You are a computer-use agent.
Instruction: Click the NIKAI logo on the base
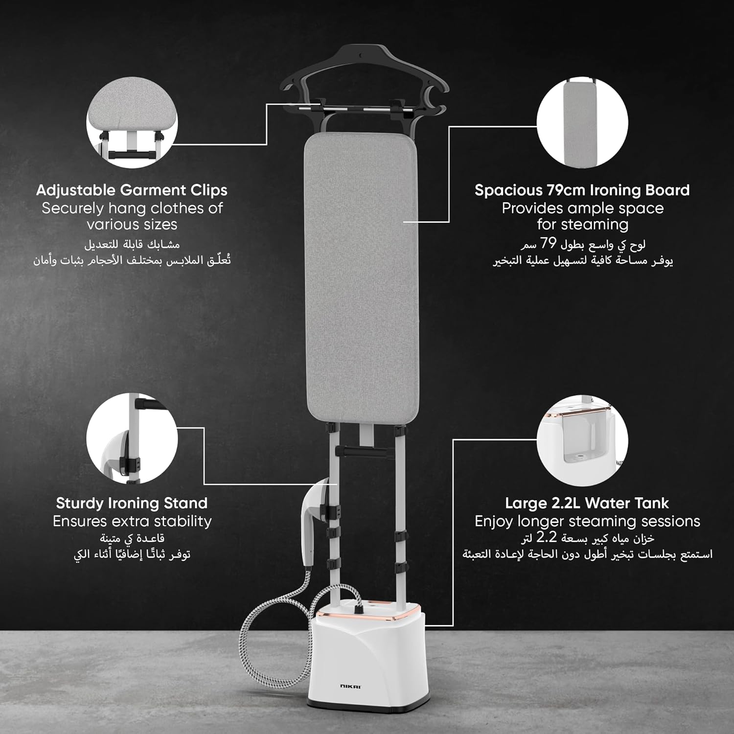(350, 687)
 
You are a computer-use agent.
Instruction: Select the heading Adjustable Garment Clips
(132, 190)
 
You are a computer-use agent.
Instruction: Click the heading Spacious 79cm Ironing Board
(582, 190)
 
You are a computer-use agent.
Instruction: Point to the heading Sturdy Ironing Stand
(132, 503)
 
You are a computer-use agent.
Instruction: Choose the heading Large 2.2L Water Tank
(587, 503)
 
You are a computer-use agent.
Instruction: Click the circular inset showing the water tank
(582, 440)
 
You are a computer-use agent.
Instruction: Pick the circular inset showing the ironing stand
(132, 438)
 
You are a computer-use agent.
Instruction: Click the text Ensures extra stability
(132, 521)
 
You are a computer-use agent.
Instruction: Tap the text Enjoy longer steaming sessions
(587, 522)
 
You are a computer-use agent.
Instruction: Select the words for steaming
(582, 225)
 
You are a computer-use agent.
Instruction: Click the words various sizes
(132, 225)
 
